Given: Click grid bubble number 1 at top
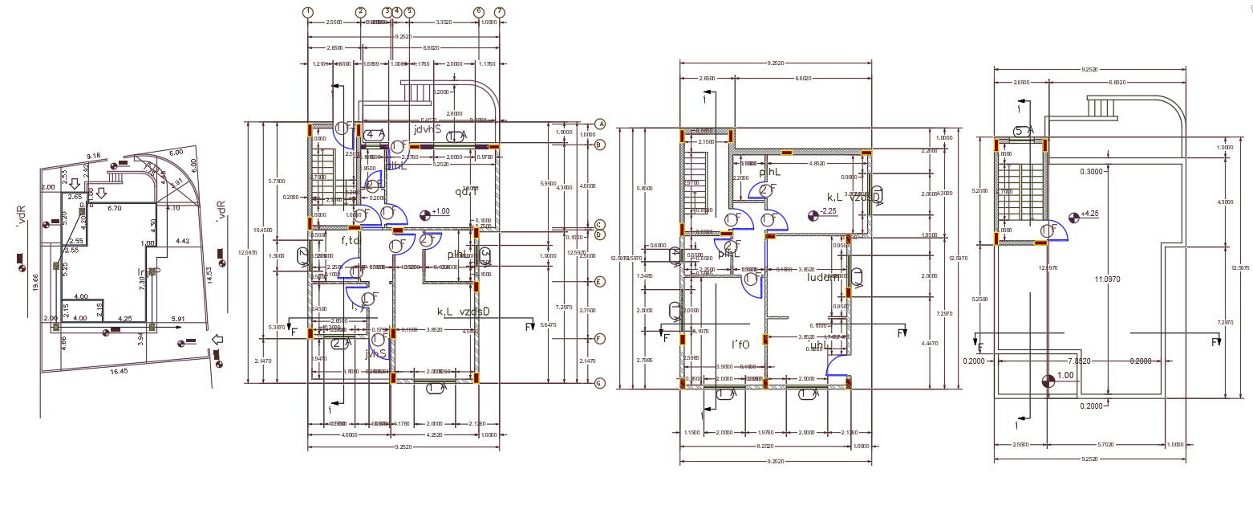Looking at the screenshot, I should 309,12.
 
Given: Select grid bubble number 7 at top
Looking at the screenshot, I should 500,12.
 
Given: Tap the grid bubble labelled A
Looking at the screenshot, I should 599,124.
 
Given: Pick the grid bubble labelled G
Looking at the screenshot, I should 599,383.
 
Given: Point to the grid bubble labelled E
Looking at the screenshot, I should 599,282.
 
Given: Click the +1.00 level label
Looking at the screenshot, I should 441,212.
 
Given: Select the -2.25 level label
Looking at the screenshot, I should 829,211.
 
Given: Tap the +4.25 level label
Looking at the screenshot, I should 1089,214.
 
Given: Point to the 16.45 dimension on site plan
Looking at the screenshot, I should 120,372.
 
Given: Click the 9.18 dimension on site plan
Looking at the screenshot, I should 93,156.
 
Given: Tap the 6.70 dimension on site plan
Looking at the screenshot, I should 115,208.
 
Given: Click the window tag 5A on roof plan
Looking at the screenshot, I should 1022,131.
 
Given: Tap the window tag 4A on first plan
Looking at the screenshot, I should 375,134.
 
